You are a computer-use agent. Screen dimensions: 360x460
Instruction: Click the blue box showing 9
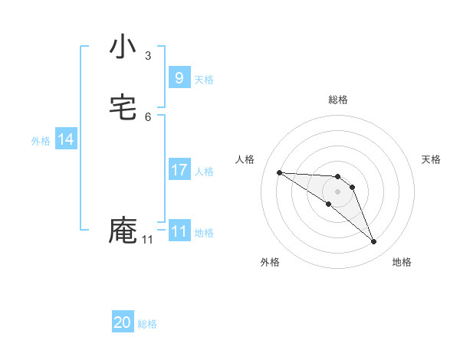point(179,77)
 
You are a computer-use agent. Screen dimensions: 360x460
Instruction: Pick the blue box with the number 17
point(179,170)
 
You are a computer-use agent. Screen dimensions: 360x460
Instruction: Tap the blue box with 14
point(66,139)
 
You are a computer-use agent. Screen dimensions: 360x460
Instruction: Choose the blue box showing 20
point(123,322)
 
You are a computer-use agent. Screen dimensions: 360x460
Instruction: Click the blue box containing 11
point(179,231)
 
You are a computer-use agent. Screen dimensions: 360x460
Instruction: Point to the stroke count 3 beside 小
point(148,56)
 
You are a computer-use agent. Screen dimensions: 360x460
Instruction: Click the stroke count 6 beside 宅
point(148,117)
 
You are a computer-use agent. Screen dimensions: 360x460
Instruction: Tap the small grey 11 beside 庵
point(147,240)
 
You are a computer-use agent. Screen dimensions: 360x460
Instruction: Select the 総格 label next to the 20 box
point(147,324)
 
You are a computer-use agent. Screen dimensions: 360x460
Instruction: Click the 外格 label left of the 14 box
point(41,141)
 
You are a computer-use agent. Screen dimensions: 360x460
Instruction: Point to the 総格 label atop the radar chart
point(338,100)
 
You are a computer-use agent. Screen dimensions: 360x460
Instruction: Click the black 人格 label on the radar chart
point(245,159)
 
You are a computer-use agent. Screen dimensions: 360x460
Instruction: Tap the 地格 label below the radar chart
point(402,262)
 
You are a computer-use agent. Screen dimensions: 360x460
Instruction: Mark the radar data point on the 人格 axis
point(279,172)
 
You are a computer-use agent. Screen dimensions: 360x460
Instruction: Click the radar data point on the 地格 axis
point(373,242)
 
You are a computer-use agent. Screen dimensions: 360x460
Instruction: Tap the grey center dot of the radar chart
point(338,191)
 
